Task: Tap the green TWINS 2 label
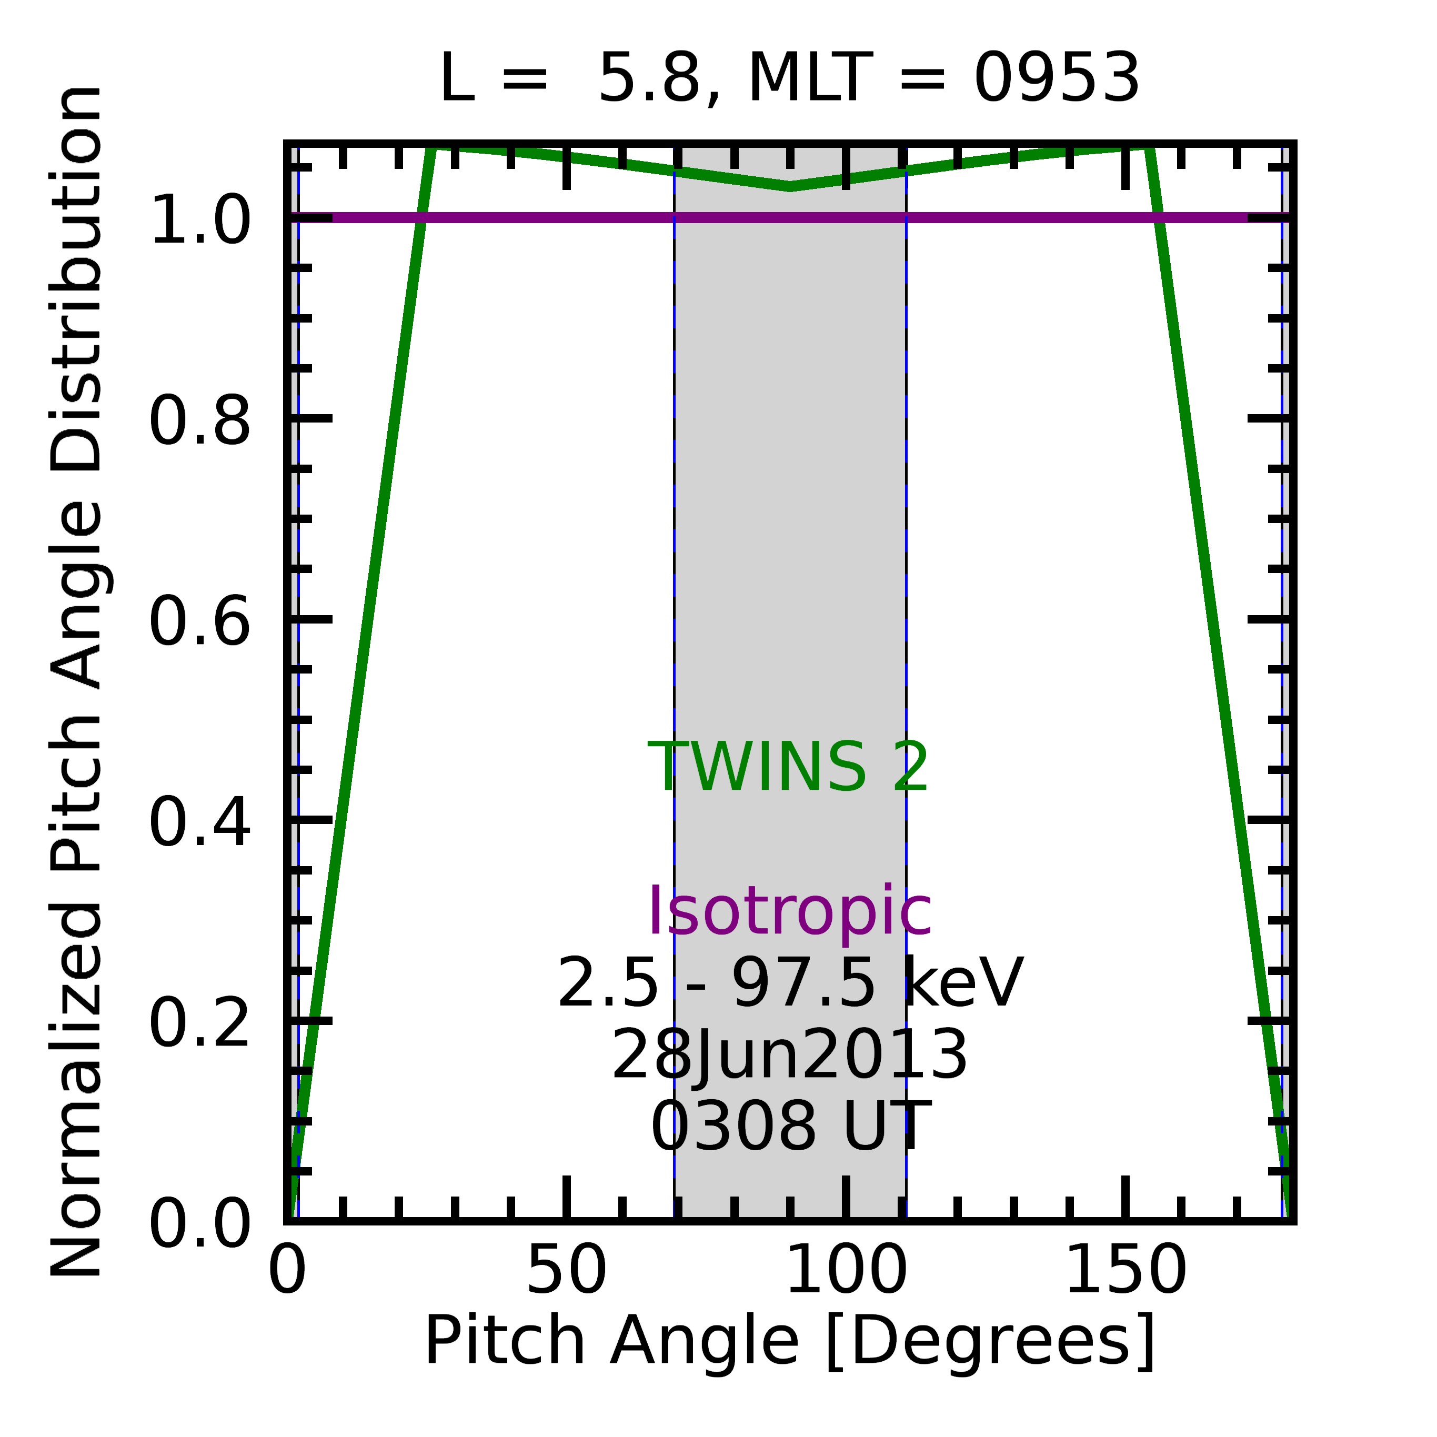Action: pyautogui.click(x=788, y=768)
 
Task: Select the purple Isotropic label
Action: pyautogui.click(x=790, y=912)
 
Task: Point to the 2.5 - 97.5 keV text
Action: pyautogui.click(x=790, y=983)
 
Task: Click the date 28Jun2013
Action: pyautogui.click(x=789, y=1056)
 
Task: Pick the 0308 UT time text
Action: pyautogui.click(x=790, y=1128)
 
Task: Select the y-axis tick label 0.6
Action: pyautogui.click(x=199, y=622)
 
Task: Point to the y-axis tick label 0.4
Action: pyautogui.click(x=199, y=822)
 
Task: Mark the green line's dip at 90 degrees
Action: pyautogui.click(x=790, y=186)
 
